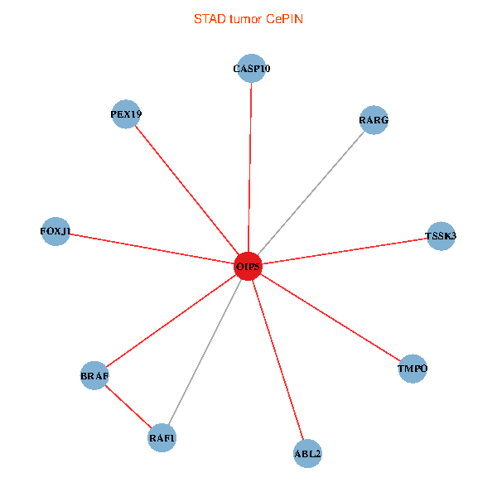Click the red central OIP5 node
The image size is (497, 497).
click(248, 267)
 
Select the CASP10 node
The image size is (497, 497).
click(251, 69)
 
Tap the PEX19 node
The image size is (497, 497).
click(126, 114)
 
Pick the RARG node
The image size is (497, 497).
click(374, 120)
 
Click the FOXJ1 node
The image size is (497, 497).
click(55, 231)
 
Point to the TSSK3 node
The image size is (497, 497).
click(440, 236)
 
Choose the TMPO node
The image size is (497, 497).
click(413, 369)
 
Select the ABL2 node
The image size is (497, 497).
click(307, 453)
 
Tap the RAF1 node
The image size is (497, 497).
click(162, 437)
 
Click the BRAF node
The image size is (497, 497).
click(94, 375)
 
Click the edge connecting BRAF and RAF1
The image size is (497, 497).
click(128, 407)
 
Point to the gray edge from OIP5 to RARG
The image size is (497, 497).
click(311, 193)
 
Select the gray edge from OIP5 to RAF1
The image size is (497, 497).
click(205, 352)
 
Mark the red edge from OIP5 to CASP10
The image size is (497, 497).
click(250, 166)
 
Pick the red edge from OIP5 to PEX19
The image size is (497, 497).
click(187, 191)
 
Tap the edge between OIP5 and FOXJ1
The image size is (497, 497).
click(153, 249)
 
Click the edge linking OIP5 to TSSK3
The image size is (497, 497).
click(344, 252)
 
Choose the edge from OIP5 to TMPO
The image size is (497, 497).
click(331, 318)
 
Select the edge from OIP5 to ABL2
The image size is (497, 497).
click(277, 359)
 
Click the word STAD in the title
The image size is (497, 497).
click(208, 18)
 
